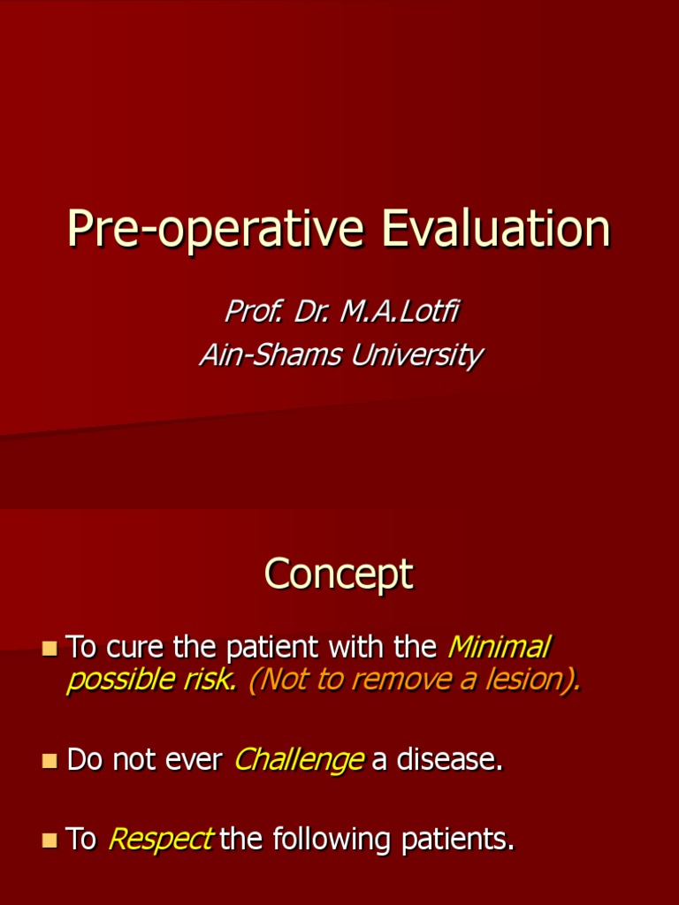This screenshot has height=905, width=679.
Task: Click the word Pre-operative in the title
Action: [x=216, y=230]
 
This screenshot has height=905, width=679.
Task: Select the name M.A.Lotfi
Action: [x=400, y=311]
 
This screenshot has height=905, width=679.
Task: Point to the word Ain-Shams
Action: [x=271, y=354]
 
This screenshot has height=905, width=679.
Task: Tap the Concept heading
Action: [x=339, y=574]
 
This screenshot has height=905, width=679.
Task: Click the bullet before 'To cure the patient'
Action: [x=50, y=648]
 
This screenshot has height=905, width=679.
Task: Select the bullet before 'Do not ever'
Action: [x=50, y=760]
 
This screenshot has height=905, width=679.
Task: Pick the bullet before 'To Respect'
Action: [x=50, y=840]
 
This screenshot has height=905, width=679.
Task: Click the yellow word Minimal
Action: [x=500, y=647]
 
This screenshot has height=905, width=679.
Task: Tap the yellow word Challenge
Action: [x=299, y=760]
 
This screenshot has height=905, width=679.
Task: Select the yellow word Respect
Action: [x=161, y=840]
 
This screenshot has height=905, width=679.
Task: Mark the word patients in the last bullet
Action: [x=457, y=840]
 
